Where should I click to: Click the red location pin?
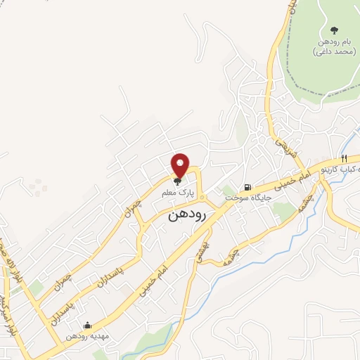[181, 165]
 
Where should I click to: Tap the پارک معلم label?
[181, 192]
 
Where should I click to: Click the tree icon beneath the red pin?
[177, 181]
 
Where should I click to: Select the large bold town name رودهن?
[187, 217]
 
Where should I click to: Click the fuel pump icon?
[247, 188]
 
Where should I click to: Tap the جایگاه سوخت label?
[243, 199]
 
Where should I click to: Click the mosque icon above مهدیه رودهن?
[86, 326]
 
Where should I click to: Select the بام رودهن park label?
[332, 43]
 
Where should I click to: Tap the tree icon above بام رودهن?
[333, 30]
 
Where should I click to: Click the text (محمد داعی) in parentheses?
[332, 53]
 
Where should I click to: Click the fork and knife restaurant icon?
[344, 158]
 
